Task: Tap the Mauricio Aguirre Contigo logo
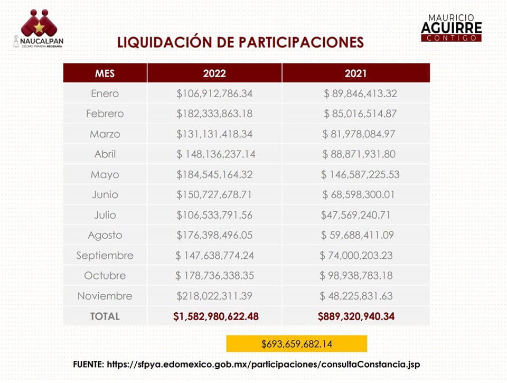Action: pyautogui.click(x=451, y=27)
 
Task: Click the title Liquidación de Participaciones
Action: pyautogui.click(x=240, y=42)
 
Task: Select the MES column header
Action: pyautogui.click(x=105, y=73)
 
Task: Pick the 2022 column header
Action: pyautogui.click(x=214, y=73)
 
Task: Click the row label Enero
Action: pyautogui.click(x=105, y=94)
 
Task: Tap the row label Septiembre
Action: pyautogui.click(x=105, y=256)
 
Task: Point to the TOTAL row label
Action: pyautogui.click(x=105, y=316)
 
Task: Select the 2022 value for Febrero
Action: pyautogui.click(x=214, y=114)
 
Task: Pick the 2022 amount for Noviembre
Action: pyautogui.click(x=214, y=296)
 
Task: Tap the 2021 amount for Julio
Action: pyautogui.click(x=355, y=215)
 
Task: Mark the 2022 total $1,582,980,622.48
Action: pyautogui.click(x=215, y=316)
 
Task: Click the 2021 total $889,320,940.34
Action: pyautogui.click(x=356, y=316)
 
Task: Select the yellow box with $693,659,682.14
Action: pyautogui.click(x=296, y=344)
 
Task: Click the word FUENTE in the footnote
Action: pyautogui.click(x=88, y=365)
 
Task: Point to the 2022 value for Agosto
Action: pyautogui.click(x=214, y=235)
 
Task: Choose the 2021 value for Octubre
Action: pyautogui.click(x=356, y=276)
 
